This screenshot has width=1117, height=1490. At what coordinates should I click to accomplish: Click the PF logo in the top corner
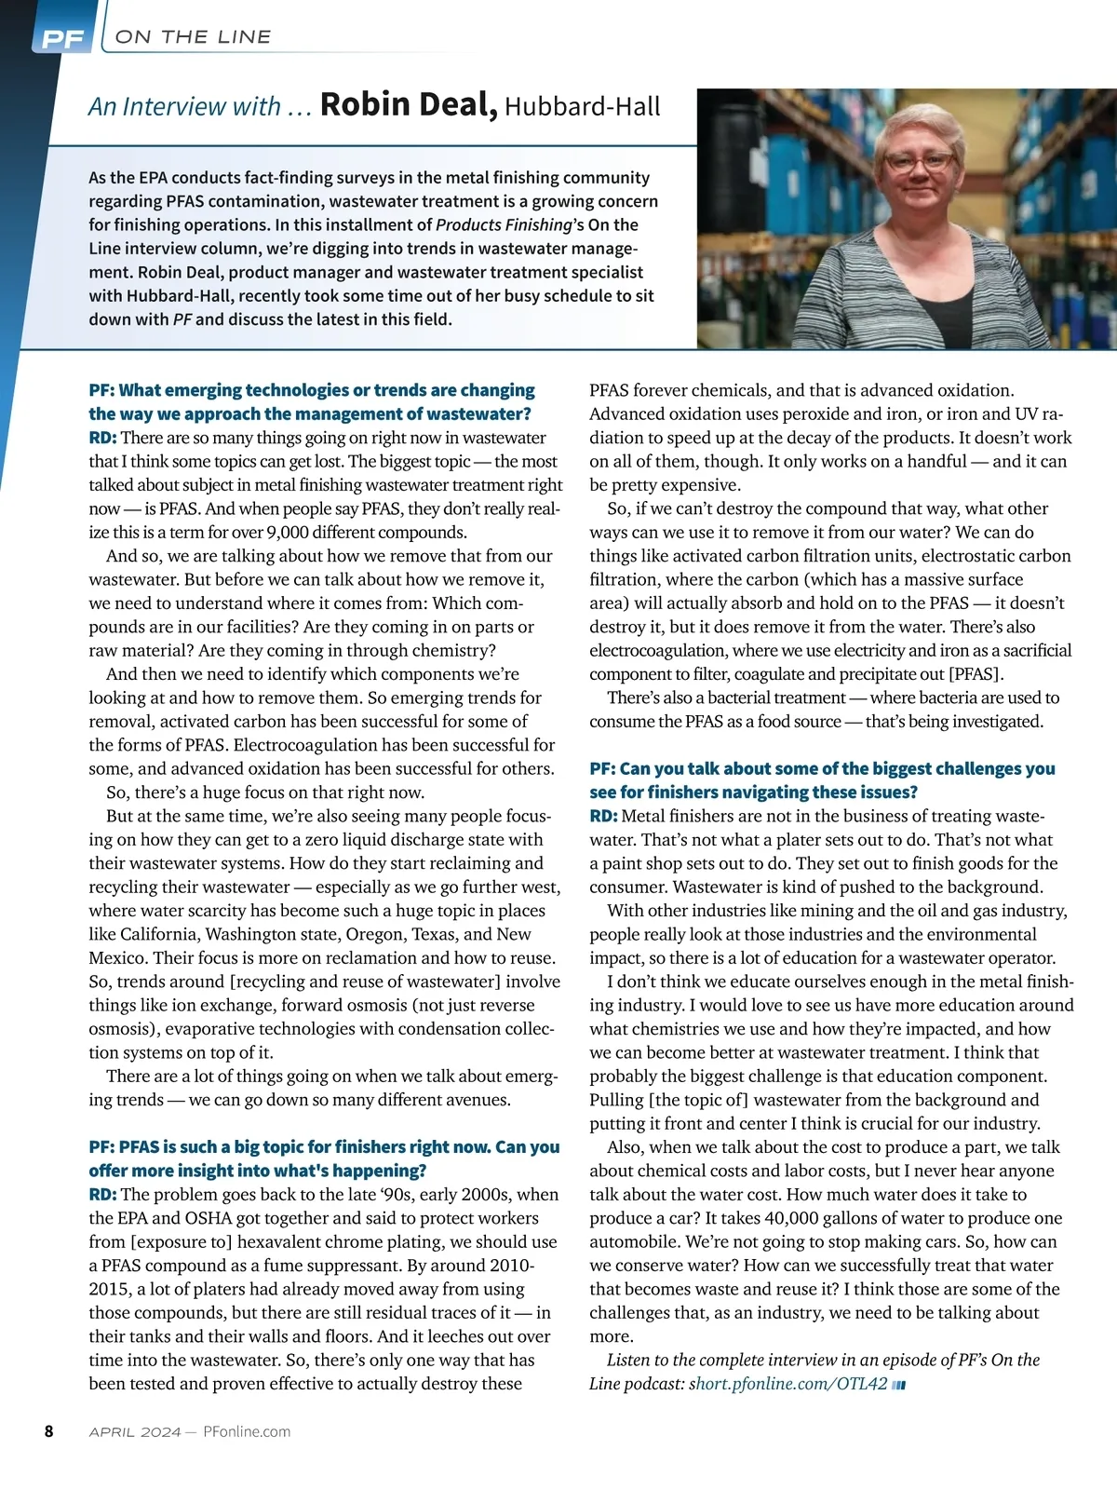click(x=62, y=39)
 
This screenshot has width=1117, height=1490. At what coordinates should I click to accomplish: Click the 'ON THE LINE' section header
click(x=193, y=37)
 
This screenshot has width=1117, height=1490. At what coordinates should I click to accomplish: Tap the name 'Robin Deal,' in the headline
click(x=409, y=104)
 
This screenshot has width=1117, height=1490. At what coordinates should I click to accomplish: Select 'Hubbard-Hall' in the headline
click(x=583, y=107)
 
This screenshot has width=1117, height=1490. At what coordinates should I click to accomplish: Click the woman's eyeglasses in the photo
click(x=920, y=161)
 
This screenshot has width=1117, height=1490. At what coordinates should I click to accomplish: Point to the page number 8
click(x=49, y=1431)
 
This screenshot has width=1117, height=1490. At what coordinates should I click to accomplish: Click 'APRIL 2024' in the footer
click(x=135, y=1432)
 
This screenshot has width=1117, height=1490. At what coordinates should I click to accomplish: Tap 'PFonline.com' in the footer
click(x=247, y=1432)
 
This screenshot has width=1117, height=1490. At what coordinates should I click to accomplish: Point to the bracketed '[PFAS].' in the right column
click(x=976, y=674)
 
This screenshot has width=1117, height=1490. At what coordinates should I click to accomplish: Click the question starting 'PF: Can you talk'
click(x=822, y=780)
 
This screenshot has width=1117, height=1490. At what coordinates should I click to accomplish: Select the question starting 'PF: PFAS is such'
click(x=324, y=1158)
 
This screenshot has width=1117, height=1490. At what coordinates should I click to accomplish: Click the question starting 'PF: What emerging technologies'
click(x=312, y=401)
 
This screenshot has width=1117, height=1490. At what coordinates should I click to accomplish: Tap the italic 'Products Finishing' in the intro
click(x=504, y=224)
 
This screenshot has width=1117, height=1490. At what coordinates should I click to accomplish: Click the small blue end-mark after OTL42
click(x=899, y=1385)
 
